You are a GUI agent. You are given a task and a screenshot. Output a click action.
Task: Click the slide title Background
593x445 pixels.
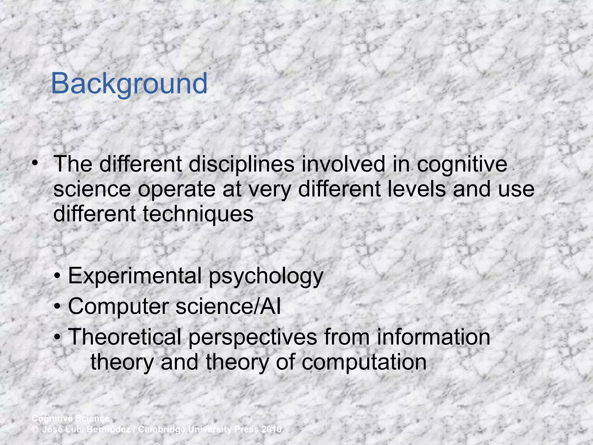[x=129, y=84]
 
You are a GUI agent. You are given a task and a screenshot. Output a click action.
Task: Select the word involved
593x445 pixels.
[x=343, y=164]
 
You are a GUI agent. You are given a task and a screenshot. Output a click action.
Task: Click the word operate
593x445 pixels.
[x=177, y=189]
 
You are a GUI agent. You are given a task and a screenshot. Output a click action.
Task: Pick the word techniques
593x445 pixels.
[x=198, y=214]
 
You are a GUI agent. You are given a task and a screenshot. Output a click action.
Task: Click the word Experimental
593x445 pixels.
[x=135, y=276]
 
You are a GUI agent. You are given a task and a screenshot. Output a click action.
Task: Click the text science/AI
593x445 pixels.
[x=228, y=307]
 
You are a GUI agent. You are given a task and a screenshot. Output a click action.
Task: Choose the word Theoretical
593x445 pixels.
[x=125, y=337]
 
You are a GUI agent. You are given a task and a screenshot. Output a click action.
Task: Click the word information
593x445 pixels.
[x=433, y=337]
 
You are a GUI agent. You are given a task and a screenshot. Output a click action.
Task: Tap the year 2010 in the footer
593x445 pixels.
[x=271, y=429]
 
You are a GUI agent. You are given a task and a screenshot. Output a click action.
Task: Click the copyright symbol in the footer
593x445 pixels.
[x=35, y=429]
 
